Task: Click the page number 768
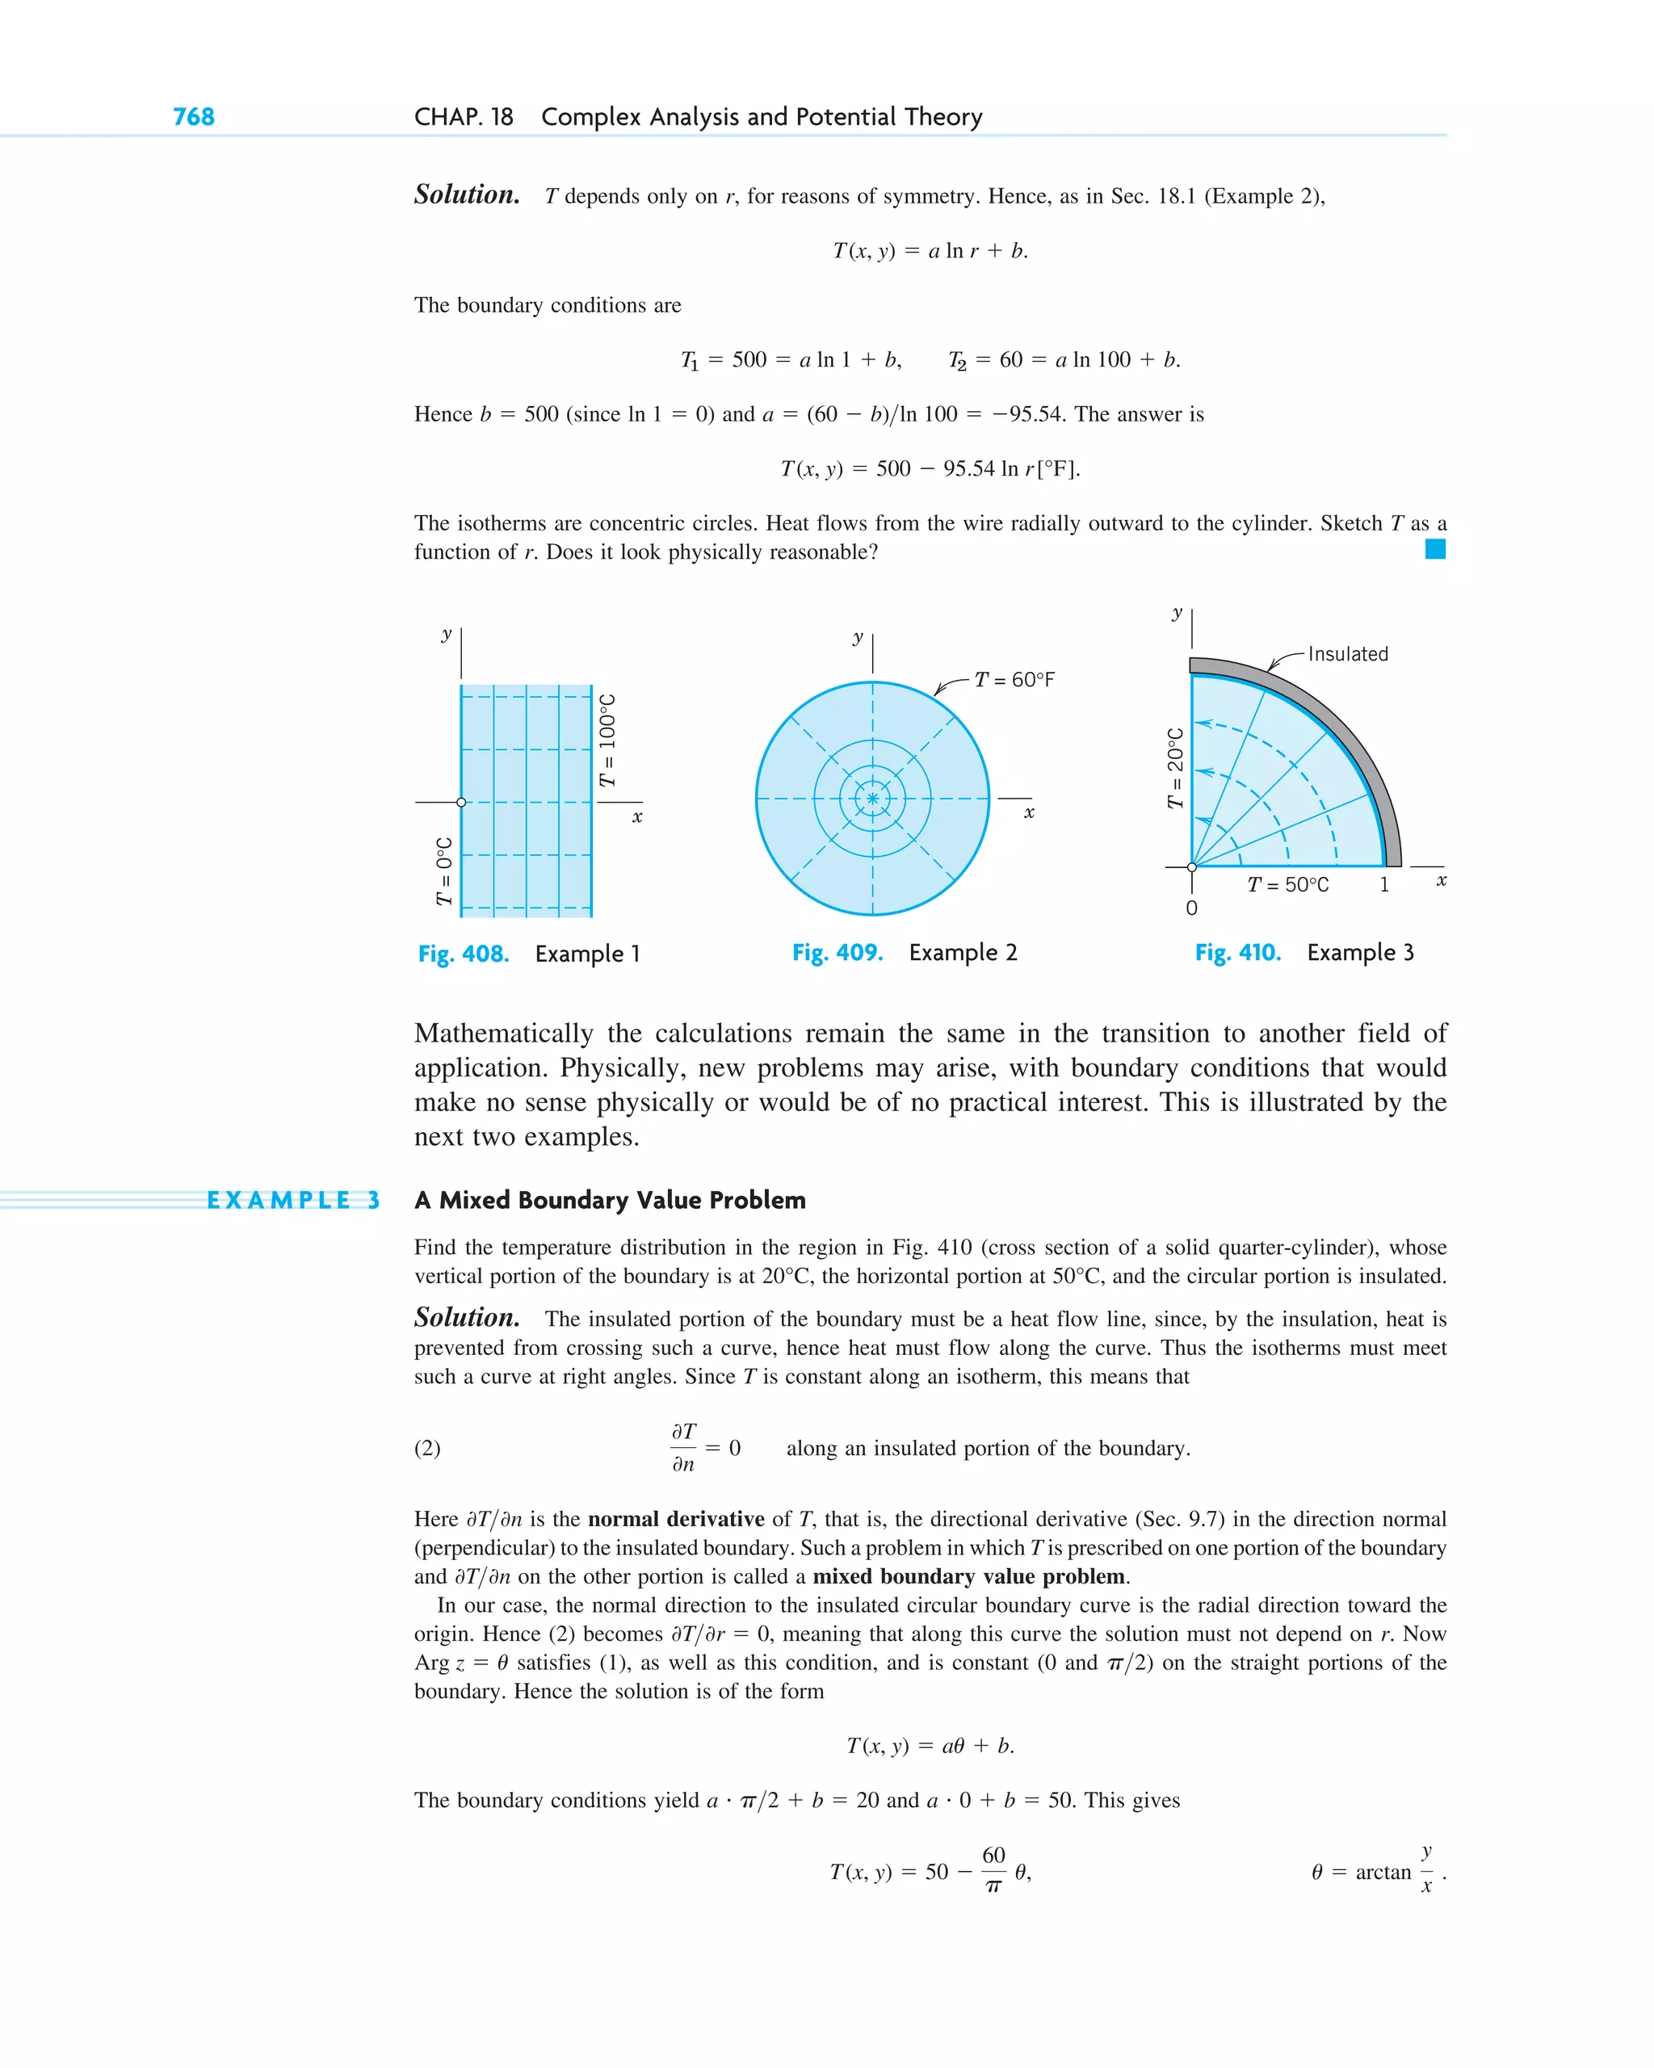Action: pyautogui.click(x=193, y=117)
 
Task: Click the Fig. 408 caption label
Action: pyautogui.click(x=463, y=954)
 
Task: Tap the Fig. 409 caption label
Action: pyautogui.click(x=837, y=953)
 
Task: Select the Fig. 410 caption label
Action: pyautogui.click(x=1236, y=953)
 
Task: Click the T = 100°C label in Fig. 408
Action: pyautogui.click(x=607, y=740)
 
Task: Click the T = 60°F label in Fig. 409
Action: pyautogui.click(x=1014, y=680)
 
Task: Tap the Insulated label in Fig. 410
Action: pyautogui.click(x=1347, y=654)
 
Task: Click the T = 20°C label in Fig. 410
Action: pyautogui.click(x=1175, y=768)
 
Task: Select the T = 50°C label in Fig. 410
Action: pyautogui.click(x=1287, y=884)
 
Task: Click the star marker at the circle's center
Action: pyautogui.click(x=872, y=798)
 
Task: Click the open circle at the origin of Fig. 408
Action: pyautogui.click(x=461, y=802)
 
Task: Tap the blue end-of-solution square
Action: pyautogui.click(x=1434, y=548)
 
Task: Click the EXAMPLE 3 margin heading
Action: pyautogui.click(x=292, y=1200)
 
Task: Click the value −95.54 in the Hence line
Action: pyautogui.click(x=1026, y=414)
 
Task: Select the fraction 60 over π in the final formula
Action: pyautogui.click(x=993, y=1870)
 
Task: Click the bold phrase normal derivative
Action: pyautogui.click(x=675, y=1518)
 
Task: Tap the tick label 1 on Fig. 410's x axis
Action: pyautogui.click(x=1383, y=884)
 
